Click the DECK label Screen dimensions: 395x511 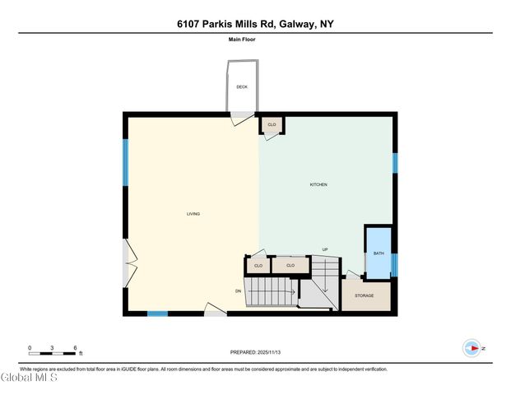point(242,86)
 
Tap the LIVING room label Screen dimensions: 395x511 point(193,214)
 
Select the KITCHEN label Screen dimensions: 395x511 point(318,184)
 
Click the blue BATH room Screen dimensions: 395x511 point(378,253)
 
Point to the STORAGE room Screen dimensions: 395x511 point(364,295)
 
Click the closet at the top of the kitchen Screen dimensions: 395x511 point(272,124)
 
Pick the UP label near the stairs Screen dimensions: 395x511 point(325,249)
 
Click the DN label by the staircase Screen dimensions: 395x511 point(238,291)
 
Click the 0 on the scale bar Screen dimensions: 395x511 point(30,347)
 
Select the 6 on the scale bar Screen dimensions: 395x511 point(75,347)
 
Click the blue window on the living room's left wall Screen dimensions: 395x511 point(126,161)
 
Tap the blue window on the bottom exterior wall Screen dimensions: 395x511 point(157,313)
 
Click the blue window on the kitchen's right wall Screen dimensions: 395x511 point(395,163)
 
